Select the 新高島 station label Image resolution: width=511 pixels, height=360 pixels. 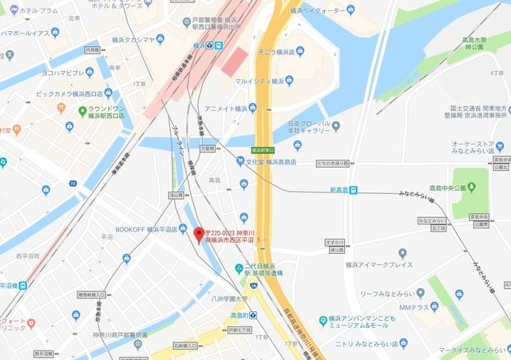click(342, 189)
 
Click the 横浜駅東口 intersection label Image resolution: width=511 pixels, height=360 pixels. click(263, 149)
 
